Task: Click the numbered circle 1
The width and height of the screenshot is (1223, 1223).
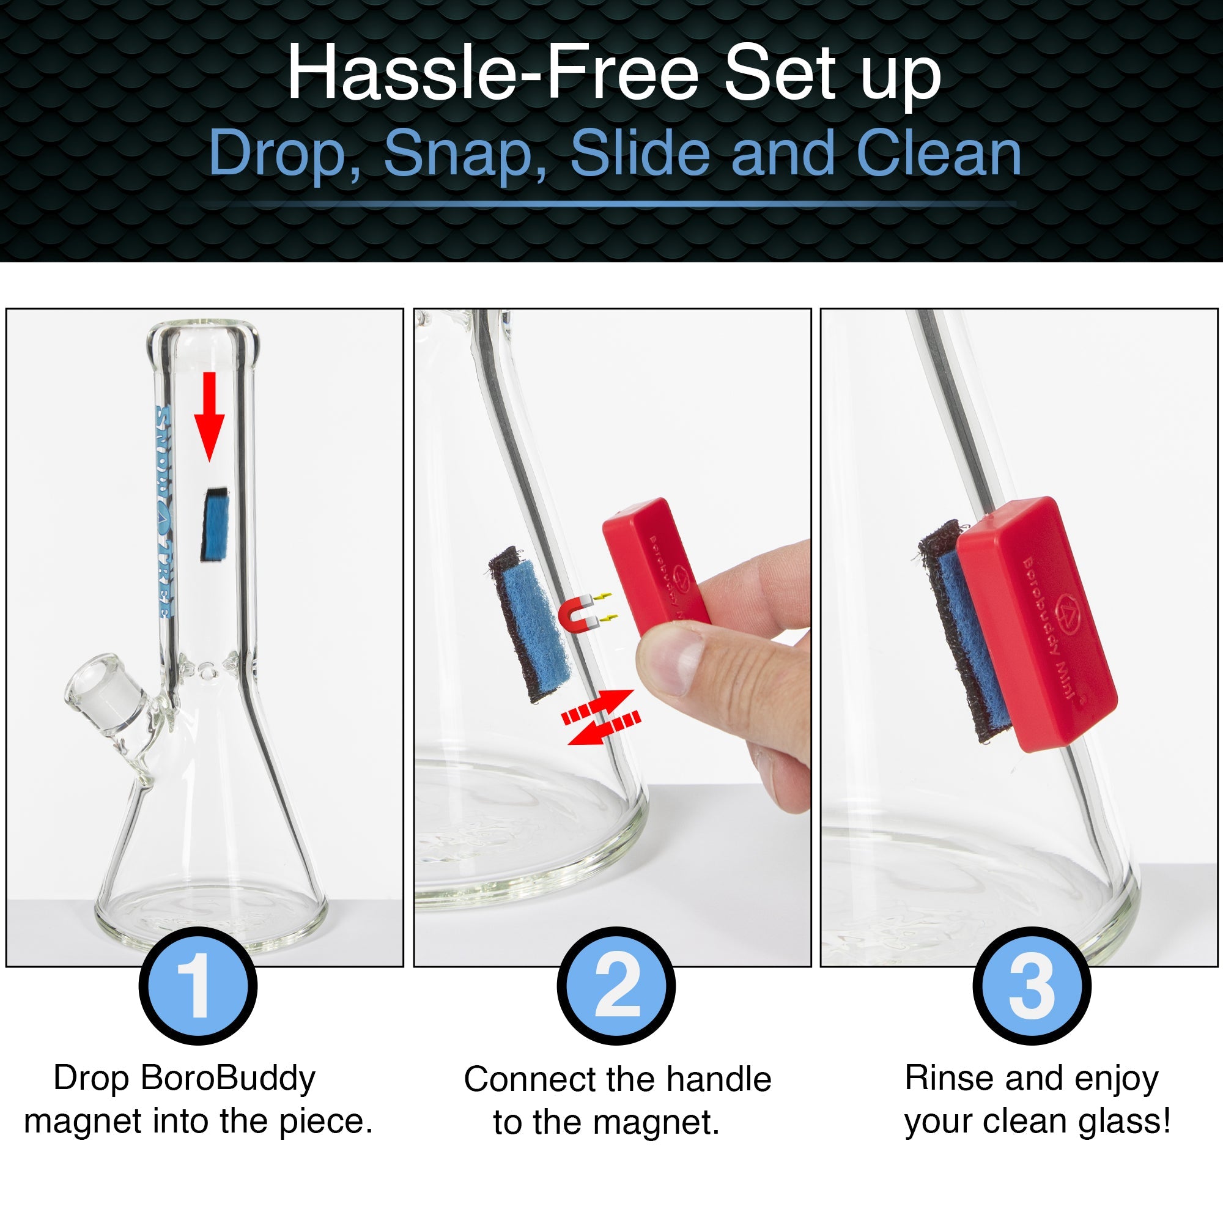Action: [198, 986]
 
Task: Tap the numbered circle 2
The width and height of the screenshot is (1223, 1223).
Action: [616, 986]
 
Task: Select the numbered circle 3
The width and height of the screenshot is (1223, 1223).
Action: [1032, 986]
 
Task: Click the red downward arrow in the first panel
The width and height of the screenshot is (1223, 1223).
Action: [210, 415]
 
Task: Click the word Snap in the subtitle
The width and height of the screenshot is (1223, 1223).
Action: [465, 154]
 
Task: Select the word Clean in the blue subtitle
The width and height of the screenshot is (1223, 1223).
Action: [939, 154]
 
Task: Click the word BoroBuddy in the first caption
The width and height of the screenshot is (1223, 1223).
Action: [228, 1078]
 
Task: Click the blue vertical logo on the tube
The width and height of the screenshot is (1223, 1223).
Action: [163, 513]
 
